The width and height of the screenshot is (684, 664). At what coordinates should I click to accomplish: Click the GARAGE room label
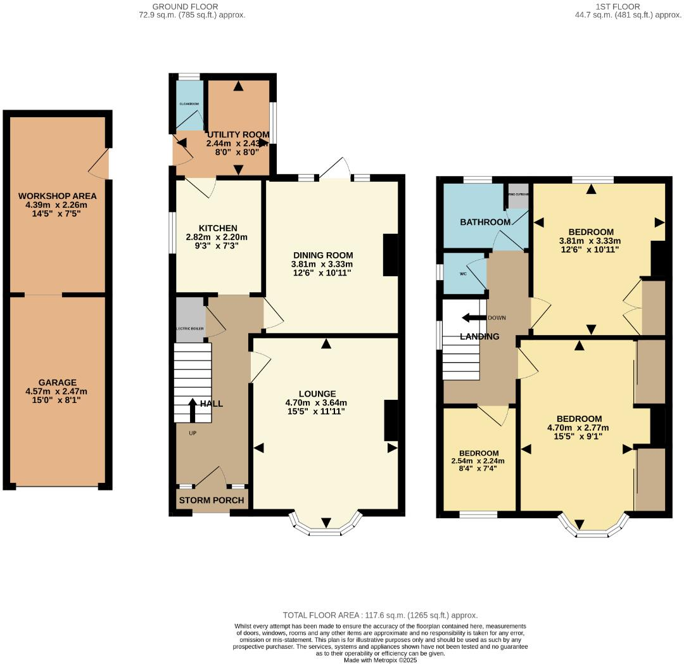click(58, 382)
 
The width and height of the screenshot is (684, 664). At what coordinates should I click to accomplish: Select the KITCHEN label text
click(218, 228)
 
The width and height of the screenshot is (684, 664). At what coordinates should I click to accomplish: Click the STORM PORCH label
click(212, 500)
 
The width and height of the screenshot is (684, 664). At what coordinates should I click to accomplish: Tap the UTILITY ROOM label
click(238, 135)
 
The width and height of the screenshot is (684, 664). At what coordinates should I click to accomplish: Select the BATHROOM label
click(485, 222)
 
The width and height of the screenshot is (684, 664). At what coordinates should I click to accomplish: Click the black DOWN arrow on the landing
click(474, 317)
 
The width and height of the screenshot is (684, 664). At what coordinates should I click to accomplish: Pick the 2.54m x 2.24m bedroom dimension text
click(479, 461)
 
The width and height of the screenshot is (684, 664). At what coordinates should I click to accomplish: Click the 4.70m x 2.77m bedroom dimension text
click(579, 429)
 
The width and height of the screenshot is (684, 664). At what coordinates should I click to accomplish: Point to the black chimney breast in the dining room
click(390, 255)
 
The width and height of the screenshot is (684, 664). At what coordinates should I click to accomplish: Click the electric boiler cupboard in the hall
click(191, 320)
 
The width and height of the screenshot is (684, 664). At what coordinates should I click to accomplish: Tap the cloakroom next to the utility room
click(189, 105)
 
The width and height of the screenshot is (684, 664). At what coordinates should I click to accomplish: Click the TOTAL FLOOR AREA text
click(380, 615)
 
